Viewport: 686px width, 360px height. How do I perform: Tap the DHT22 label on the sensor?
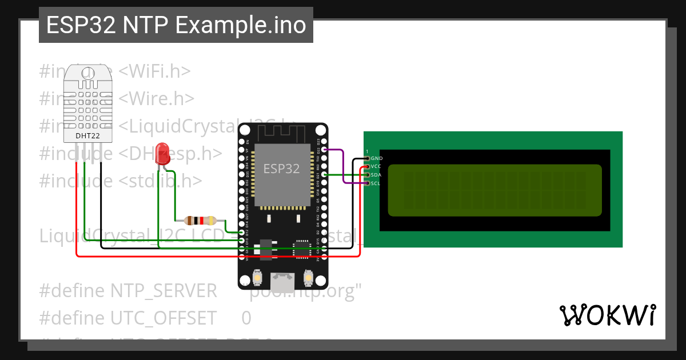pyautogui.click(x=87, y=135)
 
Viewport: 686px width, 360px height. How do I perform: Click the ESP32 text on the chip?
pyautogui.click(x=281, y=169)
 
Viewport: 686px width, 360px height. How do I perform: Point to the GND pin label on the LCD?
pyautogui.click(x=376, y=158)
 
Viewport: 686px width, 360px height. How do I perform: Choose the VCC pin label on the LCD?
pyautogui.click(x=376, y=166)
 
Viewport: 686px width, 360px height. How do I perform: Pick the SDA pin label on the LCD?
pyautogui.click(x=376, y=175)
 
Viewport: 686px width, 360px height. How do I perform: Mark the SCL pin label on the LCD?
pyautogui.click(x=376, y=183)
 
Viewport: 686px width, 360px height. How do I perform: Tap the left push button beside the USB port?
pyautogui.click(x=258, y=278)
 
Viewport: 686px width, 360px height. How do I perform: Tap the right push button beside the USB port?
pyautogui.click(x=308, y=278)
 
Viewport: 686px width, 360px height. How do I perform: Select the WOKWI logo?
pyautogui.click(x=608, y=315)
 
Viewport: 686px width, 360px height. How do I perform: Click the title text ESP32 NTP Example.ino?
pyautogui.click(x=176, y=26)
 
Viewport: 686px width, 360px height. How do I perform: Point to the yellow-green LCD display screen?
pyautogui.click(x=494, y=190)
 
